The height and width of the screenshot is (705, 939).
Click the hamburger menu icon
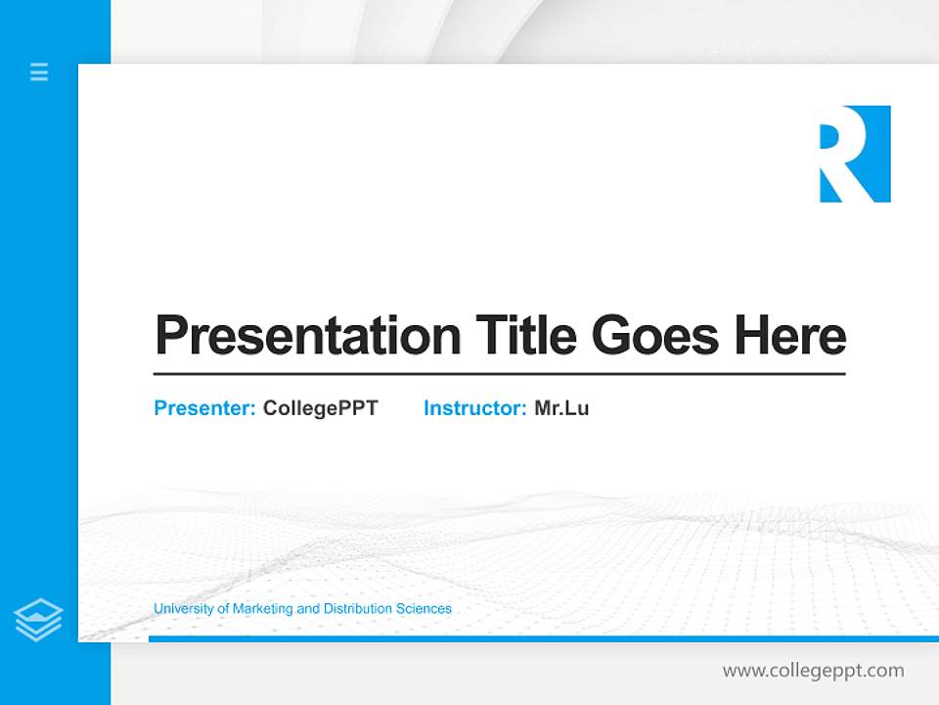pyautogui.click(x=39, y=71)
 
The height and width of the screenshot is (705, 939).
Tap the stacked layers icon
pyautogui.click(x=38, y=620)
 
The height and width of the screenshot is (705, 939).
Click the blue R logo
pyautogui.click(x=854, y=154)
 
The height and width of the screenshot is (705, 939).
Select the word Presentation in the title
pyautogui.click(x=308, y=336)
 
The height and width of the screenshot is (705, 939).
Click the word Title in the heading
pyautogui.click(x=525, y=335)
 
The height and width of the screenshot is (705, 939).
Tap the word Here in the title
pyautogui.click(x=789, y=335)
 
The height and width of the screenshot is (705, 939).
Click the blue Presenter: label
pyautogui.click(x=204, y=408)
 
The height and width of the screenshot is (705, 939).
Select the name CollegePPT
pyautogui.click(x=320, y=408)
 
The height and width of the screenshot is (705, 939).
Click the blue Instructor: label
pyautogui.click(x=474, y=408)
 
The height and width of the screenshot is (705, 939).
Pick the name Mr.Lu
pyautogui.click(x=561, y=408)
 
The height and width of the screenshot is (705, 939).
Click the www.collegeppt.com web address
pyautogui.click(x=813, y=671)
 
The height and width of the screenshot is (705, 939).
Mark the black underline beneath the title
pyautogui.click(x=499, y=374)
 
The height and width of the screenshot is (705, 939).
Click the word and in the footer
pyautogui.click(x=308, y=609)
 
